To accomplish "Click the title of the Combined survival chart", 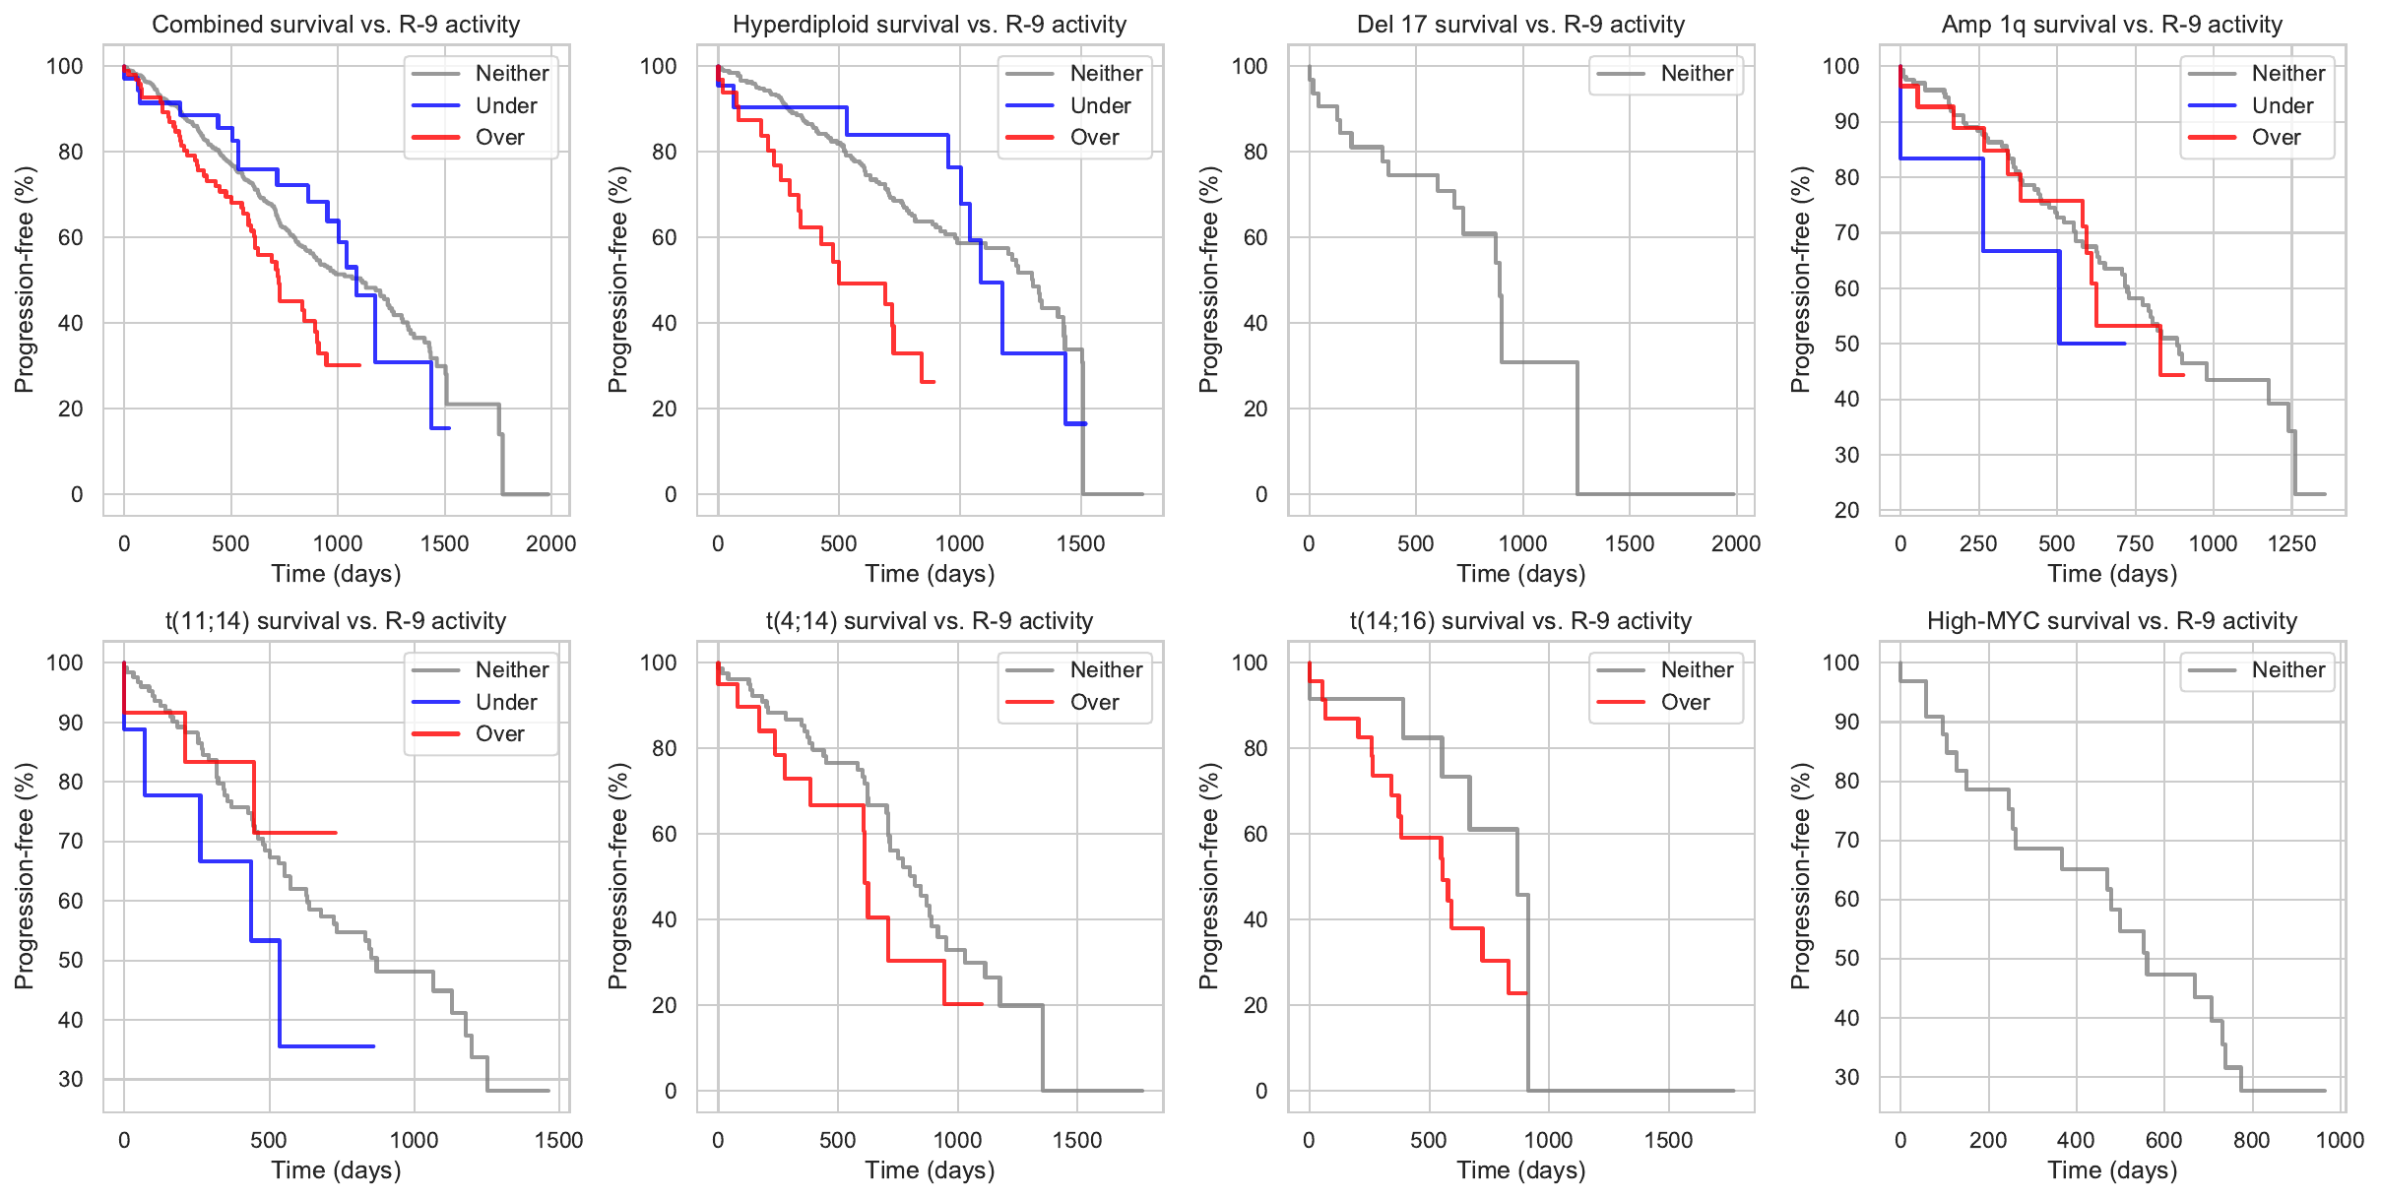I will [336, 25].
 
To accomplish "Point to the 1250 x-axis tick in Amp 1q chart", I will [2291, 543].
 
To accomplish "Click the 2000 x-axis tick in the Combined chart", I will [550, 543].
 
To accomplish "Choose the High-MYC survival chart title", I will [2112, 621].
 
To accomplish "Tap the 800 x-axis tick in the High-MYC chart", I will [2252, 1140].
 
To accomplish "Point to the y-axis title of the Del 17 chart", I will [1209, 280].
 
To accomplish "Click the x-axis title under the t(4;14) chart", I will [930, 1169].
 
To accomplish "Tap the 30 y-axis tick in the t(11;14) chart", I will [71, 1079].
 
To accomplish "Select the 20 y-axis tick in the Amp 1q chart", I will [1847, 510].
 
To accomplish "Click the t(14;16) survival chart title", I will [1520, 621].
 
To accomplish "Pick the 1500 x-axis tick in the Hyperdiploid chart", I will [1081, 543].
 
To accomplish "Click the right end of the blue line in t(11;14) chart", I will [373, 1046].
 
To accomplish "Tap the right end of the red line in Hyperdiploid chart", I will [933, 382].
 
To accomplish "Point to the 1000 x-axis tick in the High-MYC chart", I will [2340, 1140].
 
